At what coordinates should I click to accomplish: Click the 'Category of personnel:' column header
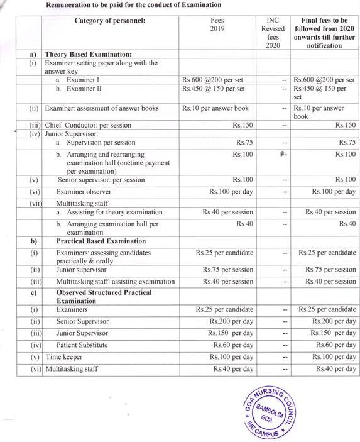tap(109, 21)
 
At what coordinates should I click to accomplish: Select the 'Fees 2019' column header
tap(217, 25)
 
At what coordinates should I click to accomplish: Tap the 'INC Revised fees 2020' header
tap(273, 33)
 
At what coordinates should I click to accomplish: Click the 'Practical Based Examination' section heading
tap(101, 241)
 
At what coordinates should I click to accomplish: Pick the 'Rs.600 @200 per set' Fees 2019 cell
tap(217, 80)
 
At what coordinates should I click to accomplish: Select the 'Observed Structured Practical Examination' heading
tap(104, 297)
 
